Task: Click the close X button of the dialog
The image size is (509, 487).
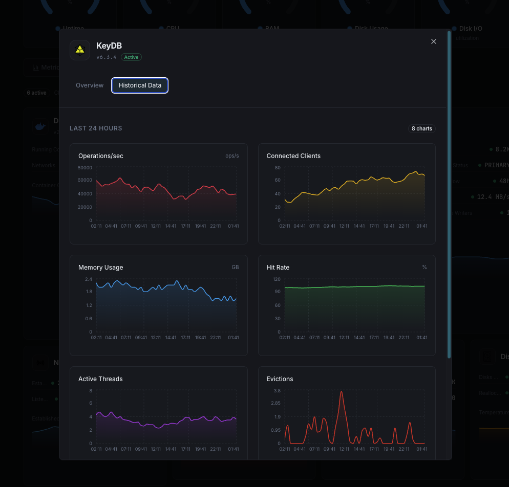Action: pyautogui.click(x=434, y=41)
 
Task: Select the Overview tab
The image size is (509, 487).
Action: pyautogui.click(x=90, y=85)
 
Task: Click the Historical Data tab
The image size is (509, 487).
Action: pyautogui.click(x=140, y=85)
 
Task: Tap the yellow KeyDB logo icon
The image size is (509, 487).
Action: pyautogui.click(x=80, y=50)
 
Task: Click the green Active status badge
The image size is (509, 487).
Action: pyautogui.click(x=131, y=57)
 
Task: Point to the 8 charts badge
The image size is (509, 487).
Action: pyautogui.click(x=422, y=128)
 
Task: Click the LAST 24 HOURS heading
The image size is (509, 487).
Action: pyautogui.click(x=96, y=128)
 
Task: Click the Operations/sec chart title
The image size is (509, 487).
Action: pyautogui.click(x=101, y=156)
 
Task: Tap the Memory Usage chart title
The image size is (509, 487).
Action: pyautogui.click(x=101, y=268)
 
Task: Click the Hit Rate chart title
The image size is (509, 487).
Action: pyautogui.click(x=278, y=268)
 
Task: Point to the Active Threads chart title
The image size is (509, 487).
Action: pyautogui.click(x=100, y=379)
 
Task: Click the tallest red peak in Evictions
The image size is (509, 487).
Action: pyautogui.click(x=342, y=392)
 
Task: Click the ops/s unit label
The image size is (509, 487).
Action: pyautogui.click(x=232, y=156)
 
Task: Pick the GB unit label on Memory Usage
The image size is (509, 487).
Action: pyautogui.click(x=235, y=267)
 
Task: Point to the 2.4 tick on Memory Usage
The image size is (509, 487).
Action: pyautogui.click(x=89, y=279)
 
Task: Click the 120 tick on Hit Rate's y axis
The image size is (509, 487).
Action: pyautogui.click(x=277, y=279)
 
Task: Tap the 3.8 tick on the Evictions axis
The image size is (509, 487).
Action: pyautogui.click(x=277, y=391)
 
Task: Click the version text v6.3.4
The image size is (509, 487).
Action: pyautogui.click(x=107, y=57)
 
